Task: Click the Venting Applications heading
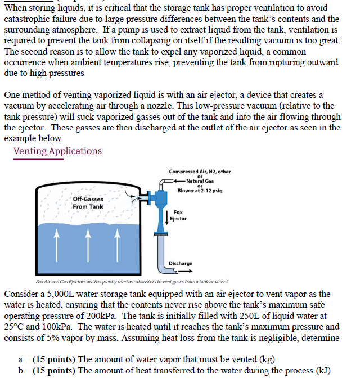click(57, 151)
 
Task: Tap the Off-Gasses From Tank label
click(88, 203)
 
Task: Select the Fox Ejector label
click(178, 215)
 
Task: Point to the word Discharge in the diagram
click(181, 263)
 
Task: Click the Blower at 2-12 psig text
click(200, 190)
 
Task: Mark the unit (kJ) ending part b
click(321, 370)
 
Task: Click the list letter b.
click(21, 370)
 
